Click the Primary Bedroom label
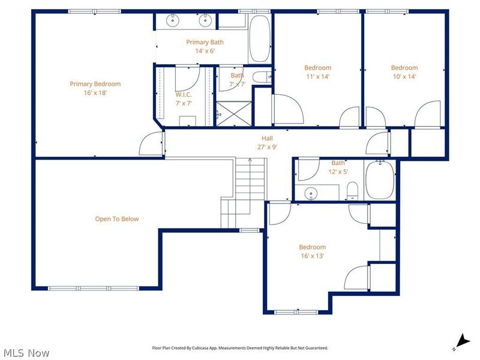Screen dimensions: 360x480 click(x=95, y=84)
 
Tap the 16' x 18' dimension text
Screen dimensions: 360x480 click(x=95, y=93)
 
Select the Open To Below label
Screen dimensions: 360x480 click(x=117, y=219)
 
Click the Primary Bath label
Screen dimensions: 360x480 click(x=205, y=42)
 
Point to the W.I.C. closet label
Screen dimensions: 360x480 click(x=184, y=95)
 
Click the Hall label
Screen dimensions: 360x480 click(x=267, y=138)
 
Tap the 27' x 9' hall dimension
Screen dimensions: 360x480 click(x=267, y=146)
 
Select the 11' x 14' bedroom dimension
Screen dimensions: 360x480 click(x=317, y=76)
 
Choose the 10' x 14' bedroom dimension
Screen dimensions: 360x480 click(x=404, y=76)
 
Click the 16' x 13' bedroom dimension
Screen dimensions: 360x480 click(x=313, y=256)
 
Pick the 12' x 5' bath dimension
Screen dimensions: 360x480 click(x=338, y=172)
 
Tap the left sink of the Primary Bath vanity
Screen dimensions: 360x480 click(x=173, y=20)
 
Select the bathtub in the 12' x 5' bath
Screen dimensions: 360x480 click(x=380, y=179)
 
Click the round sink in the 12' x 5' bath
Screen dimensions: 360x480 click(x=310, y=193)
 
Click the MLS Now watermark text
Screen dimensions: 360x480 click(x=26, y=353)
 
